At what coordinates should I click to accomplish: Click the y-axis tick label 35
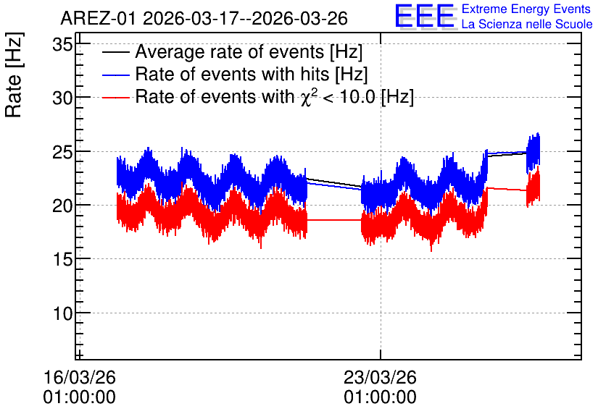click(62, 45)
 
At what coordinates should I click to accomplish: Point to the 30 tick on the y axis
click(62, 98)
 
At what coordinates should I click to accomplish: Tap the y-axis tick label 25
click(62, 153)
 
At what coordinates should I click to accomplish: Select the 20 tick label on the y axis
click(62, 206)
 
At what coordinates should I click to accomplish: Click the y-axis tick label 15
click(62, 260)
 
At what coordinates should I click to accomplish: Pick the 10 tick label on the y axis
click(62, 313)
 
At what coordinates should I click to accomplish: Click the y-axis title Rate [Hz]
click(14, 75)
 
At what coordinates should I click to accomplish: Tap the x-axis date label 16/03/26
click(79, 377)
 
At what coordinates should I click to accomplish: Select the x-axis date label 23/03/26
click(380, 377)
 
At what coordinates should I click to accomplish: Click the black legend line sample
click(115, 53)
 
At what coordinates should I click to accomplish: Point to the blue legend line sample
click(115, 75)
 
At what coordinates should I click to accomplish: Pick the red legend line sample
click(115, 98)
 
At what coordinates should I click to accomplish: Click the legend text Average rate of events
click(230, 51)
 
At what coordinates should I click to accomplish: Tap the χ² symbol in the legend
click(306, 96)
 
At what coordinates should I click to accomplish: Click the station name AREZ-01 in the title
click(98, 19)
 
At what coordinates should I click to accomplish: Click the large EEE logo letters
click(425, 16)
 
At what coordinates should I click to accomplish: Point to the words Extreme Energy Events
click(526, 9)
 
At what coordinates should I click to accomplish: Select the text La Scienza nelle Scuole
click(527, 25)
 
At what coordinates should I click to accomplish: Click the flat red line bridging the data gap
click(334, 220)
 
